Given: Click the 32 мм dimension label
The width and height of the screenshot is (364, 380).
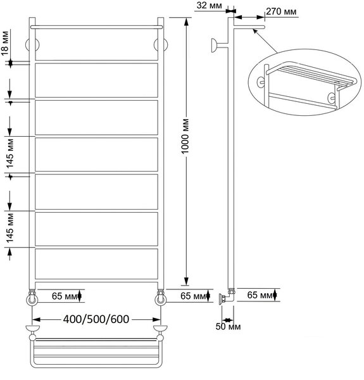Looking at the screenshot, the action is (209, 5).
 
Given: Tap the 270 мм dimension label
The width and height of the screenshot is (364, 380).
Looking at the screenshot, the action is (281, 11).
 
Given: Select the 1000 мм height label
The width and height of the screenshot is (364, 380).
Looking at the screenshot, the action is (185, 136).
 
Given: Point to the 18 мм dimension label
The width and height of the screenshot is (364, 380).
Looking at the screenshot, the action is (5, 43).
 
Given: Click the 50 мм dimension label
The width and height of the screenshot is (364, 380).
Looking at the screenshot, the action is (228, 327).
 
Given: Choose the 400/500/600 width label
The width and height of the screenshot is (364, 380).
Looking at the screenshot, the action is (96, 319).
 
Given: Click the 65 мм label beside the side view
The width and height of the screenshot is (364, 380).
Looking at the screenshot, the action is (260, 295).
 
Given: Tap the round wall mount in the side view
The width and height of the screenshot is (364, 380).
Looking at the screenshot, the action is (215, 45).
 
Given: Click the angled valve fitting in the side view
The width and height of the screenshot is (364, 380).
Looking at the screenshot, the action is (226, 296).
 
